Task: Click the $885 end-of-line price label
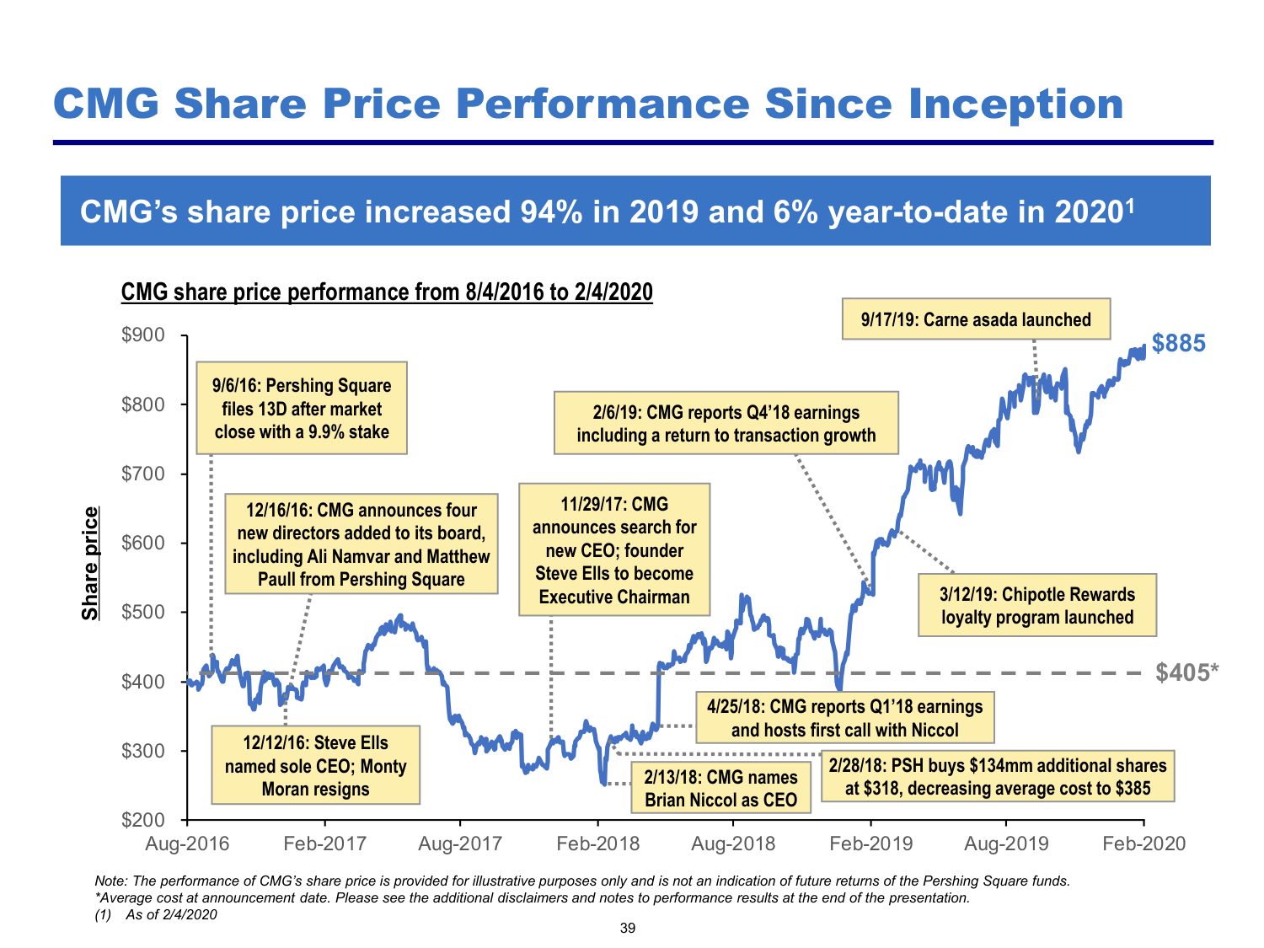coord(1178,344)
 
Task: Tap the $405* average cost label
coord(1186,672)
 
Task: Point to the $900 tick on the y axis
coord(143,335)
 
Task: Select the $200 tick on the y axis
coord(143,819)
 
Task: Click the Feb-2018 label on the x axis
coord(597,844)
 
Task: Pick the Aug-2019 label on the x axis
coord(1006,844)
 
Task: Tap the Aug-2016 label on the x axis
coord(187,844)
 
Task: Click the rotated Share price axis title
coord(90,564)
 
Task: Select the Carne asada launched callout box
coord(976,319)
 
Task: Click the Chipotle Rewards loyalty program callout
coord(1036,605)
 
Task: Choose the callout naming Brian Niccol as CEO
coord(720,788)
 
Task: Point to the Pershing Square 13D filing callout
coord(302,409)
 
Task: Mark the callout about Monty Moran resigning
coord(315,765)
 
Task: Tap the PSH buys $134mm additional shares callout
coord(998,776)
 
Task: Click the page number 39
coord(627,929)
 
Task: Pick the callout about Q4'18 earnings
coord(726,423)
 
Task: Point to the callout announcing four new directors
coord(361,544)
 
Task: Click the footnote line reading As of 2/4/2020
coord(171,914)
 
